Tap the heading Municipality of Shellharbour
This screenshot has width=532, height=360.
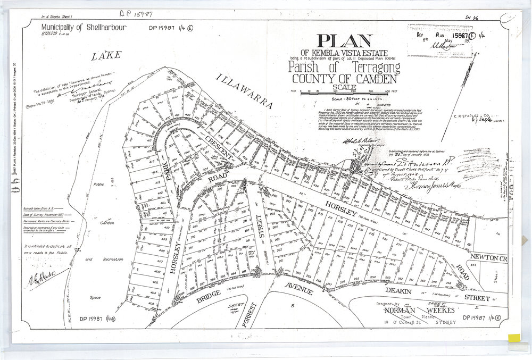tap(84, 26)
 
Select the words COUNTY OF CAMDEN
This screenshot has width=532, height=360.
tap(344, 79)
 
